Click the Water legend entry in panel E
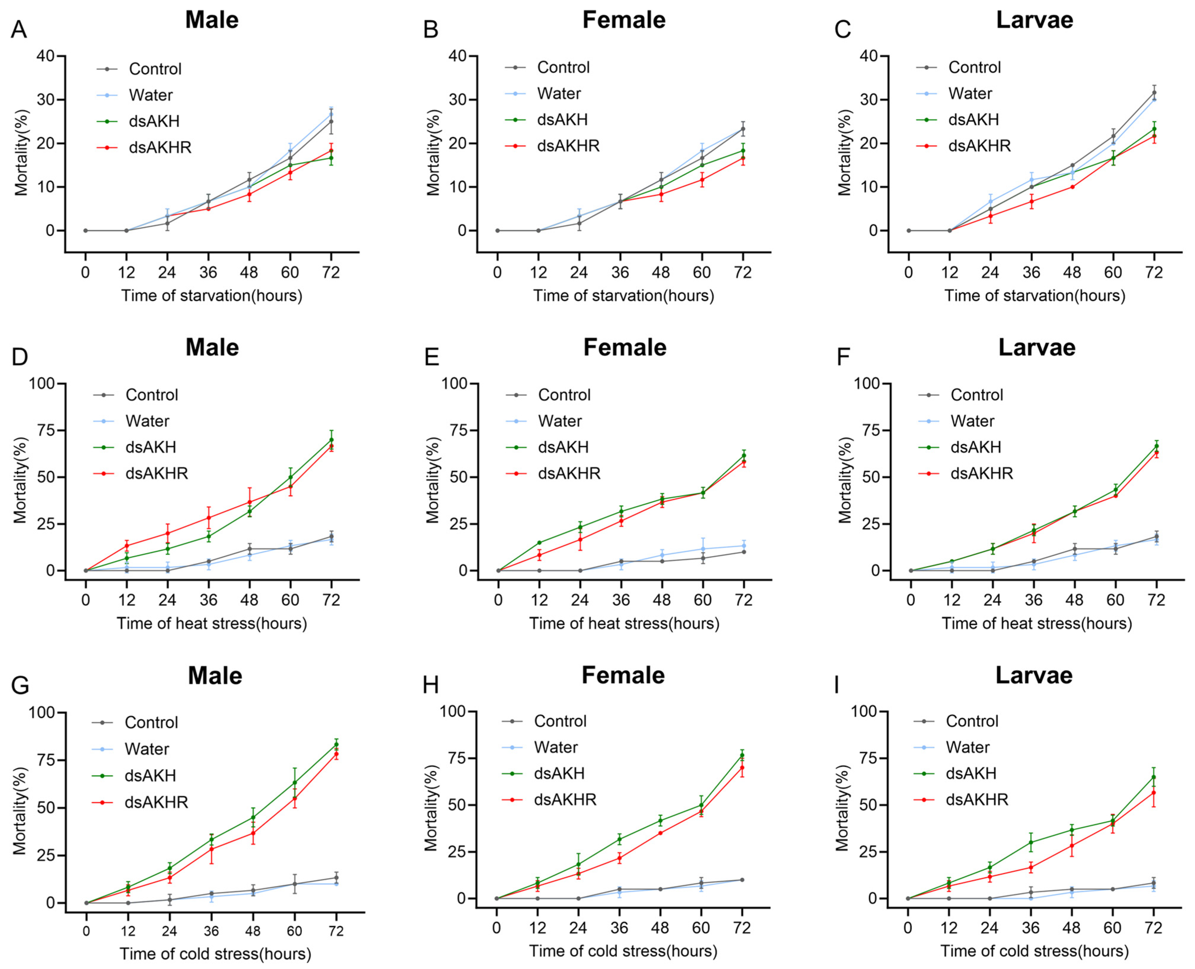[x=559, y=421]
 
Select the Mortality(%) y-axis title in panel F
[x=845, y=480]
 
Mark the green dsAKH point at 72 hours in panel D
[x=331, y=440]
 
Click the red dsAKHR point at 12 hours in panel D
[x=127, y=545]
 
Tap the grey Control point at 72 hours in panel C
[x=1154, y=93]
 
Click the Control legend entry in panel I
[x=972, y=721]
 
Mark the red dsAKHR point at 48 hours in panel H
[x=660, y=833]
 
